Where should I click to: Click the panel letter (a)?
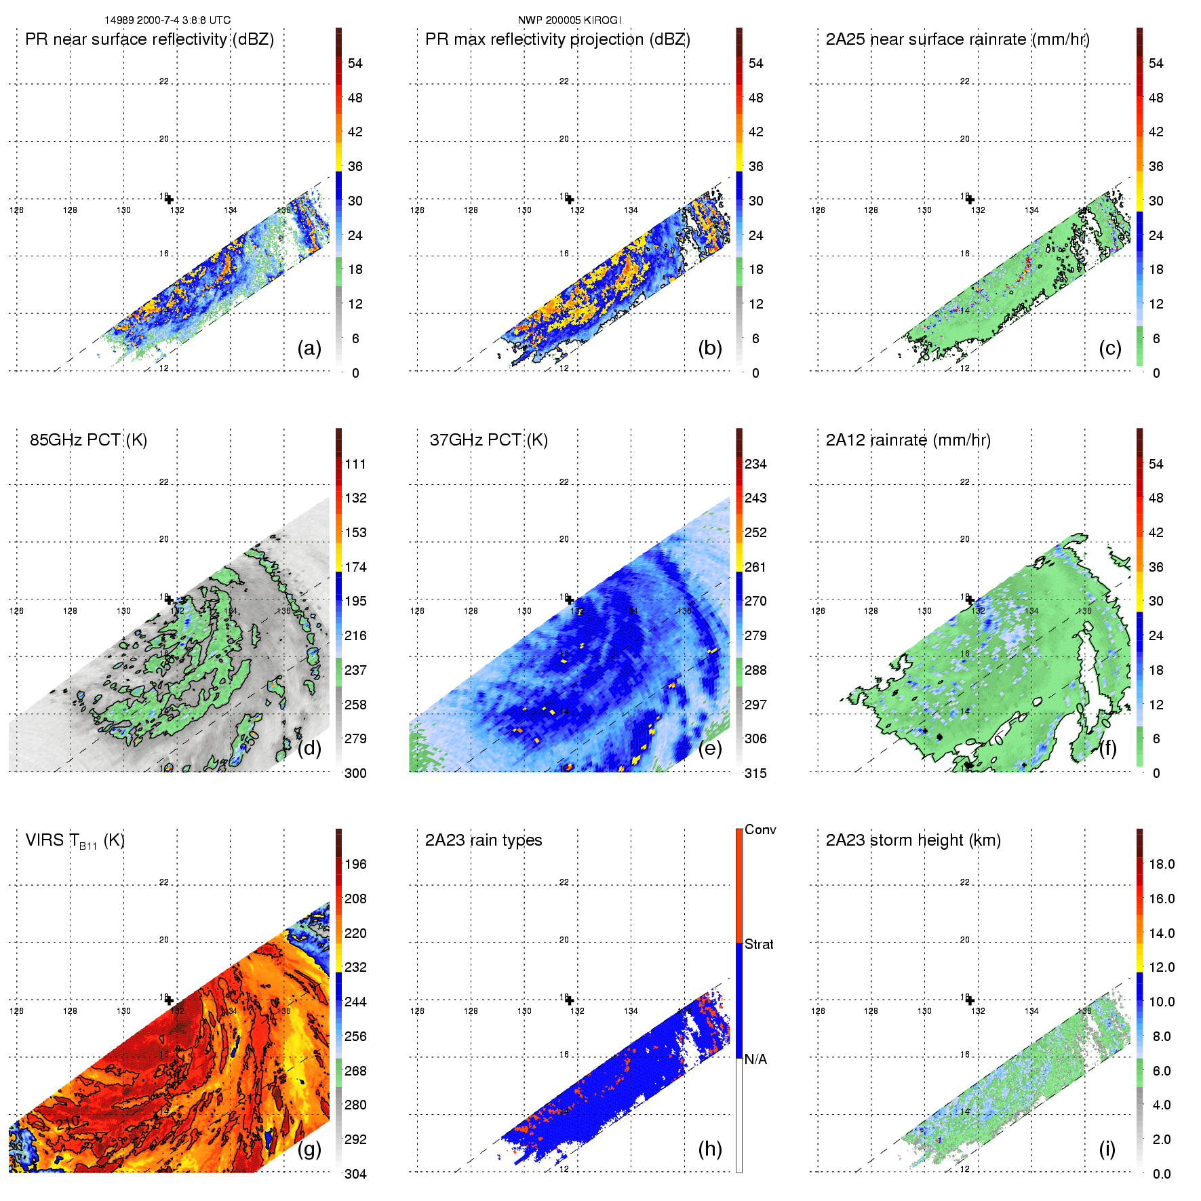(309, 349)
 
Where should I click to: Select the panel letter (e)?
(709, 749)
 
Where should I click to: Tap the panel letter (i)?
(1107, 1149)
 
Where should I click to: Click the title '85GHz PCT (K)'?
(88, 440)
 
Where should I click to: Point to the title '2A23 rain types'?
(483, 840)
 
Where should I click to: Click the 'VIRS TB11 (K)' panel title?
(75, 841)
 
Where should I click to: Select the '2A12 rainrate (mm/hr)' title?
(908, 440)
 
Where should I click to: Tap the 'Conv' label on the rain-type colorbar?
(760, 830)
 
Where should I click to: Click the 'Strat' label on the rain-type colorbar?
(759, 944)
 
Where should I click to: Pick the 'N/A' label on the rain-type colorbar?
(755, 1059)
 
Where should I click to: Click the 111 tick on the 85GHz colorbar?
(355, 465)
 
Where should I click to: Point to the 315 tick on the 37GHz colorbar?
(755, 773)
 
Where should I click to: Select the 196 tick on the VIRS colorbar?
(355, 865)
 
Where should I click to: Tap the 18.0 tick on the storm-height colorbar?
(1162, 865)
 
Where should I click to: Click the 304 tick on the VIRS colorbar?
(355, 1174)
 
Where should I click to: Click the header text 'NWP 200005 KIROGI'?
(569, 20)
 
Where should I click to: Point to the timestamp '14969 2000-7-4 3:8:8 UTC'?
(168, 20)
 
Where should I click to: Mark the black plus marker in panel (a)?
(169, 199)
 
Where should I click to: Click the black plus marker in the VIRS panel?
(169, 1000)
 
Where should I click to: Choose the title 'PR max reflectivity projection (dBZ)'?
(557, 39)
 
